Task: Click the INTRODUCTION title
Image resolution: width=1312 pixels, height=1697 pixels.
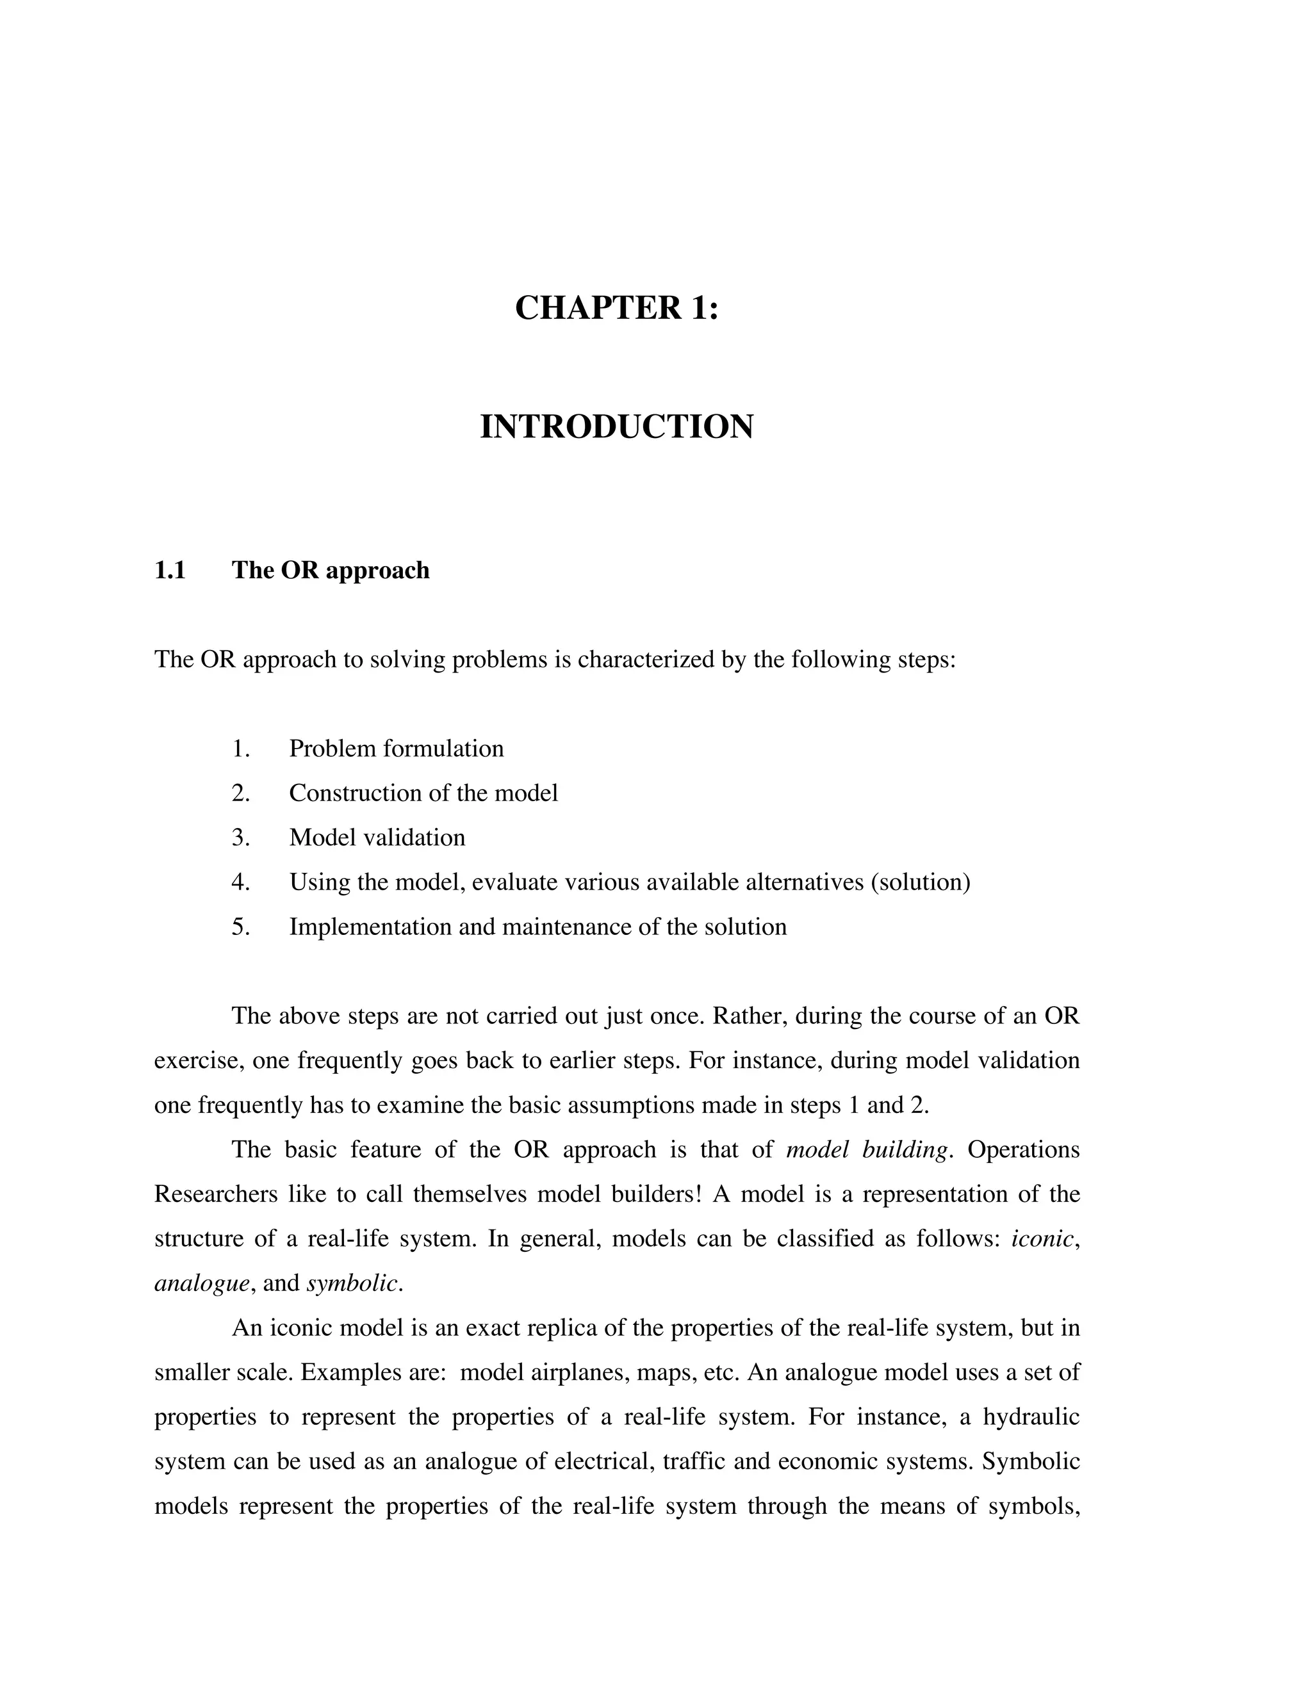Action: point(616,426)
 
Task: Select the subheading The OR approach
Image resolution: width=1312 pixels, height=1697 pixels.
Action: point(331,571)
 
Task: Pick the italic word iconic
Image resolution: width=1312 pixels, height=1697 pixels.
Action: point(1042,1238)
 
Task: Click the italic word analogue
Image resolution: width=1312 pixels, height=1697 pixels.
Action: point(201,1283)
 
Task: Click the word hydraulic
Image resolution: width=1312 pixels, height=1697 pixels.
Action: point(1031,1417)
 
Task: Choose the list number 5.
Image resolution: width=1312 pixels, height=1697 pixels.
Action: point(240,927)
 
